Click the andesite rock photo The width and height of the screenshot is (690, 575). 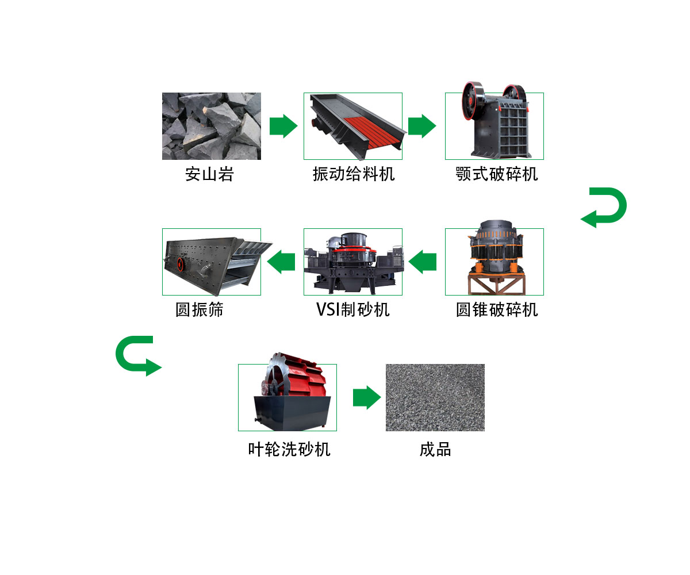(x=211, y=126)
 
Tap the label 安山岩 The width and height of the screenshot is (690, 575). (x=209, y=174)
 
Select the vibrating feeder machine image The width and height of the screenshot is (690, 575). (x=352, y=126)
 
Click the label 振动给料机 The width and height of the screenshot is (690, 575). (x=354, y=174)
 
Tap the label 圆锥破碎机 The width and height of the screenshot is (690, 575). (x=497, y=310)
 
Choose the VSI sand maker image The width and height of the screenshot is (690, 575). (x=352, y=262)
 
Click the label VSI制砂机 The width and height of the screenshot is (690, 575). (x=352, y=310)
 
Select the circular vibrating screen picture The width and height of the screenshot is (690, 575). (x=211, y=262)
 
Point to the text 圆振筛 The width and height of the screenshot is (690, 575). (x=199, y=310)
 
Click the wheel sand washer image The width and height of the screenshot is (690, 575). (x=287, y=397)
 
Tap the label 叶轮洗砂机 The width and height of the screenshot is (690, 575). (x=289, y=449)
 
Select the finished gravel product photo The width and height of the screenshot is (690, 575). (x=435, y=397)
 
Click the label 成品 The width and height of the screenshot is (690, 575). (x=435, y=449)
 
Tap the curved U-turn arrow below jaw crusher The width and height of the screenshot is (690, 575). (x=605, y=208)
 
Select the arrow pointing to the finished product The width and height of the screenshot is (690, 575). (x=366, y=397)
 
